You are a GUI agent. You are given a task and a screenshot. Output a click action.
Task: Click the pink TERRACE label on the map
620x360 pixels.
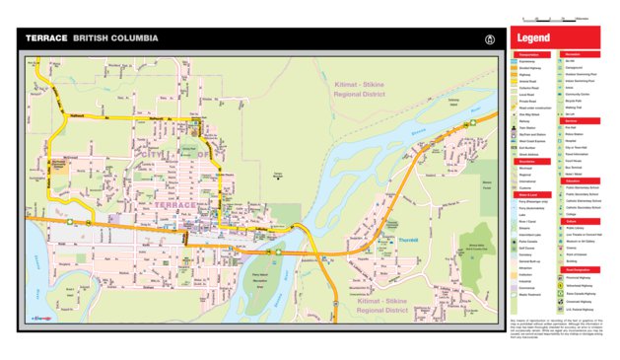tap(174, 204)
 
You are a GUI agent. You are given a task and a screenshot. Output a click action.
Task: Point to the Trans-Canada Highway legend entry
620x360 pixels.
tap(582, 293)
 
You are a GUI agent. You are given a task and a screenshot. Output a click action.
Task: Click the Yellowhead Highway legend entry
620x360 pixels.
tap(582, 284)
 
